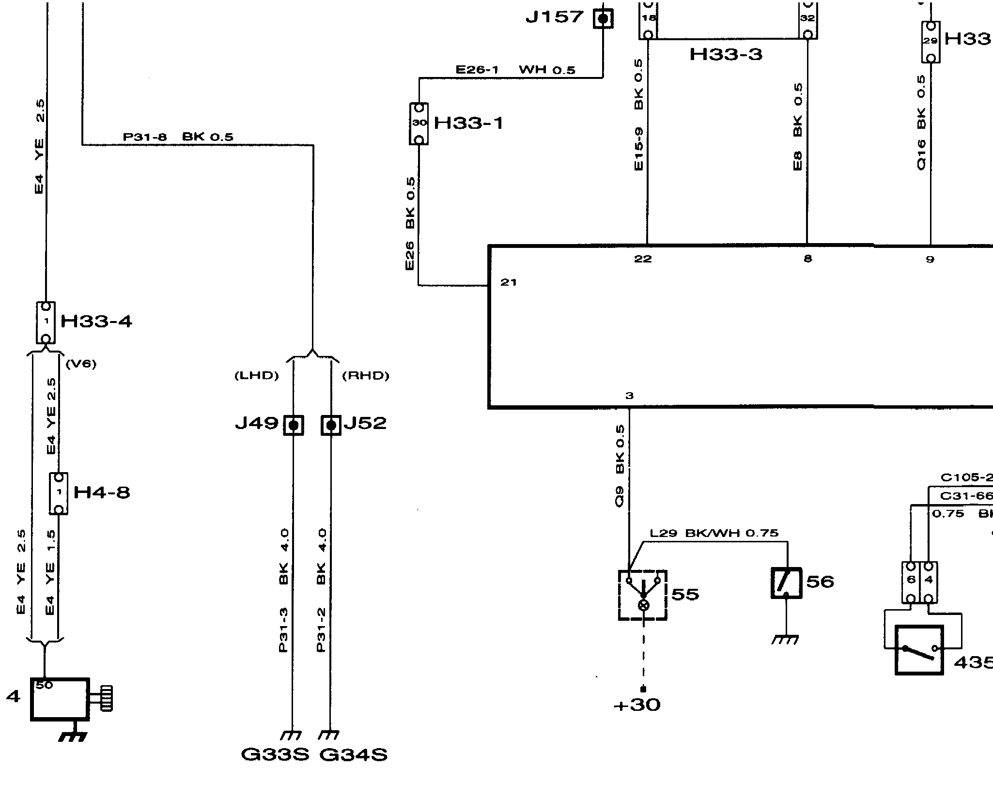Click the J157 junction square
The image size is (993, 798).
click(603, 19)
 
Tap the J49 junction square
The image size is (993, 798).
click(293, 425)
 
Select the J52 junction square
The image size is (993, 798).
click(331, 425)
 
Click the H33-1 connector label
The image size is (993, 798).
click(468, 123)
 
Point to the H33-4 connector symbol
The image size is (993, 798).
click(46, 322)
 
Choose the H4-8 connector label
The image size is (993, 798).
click(102, 493)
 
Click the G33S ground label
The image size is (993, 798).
click(275, 755)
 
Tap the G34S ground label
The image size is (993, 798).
click(354, 755)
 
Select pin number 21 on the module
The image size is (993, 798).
click(508, 282)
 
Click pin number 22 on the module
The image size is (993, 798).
click(643, 259)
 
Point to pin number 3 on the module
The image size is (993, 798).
click(629, 396)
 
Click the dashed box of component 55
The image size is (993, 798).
click(642, 595)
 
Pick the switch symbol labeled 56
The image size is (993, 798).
click(786, 583)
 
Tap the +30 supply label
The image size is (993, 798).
click(637, 705)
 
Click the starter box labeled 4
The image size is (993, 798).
click(60, 699)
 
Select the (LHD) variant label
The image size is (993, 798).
click(257, 376)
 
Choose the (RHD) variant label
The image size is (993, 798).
click(366, 376)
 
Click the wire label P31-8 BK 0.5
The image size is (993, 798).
click(178, 137)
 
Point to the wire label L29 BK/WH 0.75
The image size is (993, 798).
click(714, 533)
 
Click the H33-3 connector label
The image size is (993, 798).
click(726, 54)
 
